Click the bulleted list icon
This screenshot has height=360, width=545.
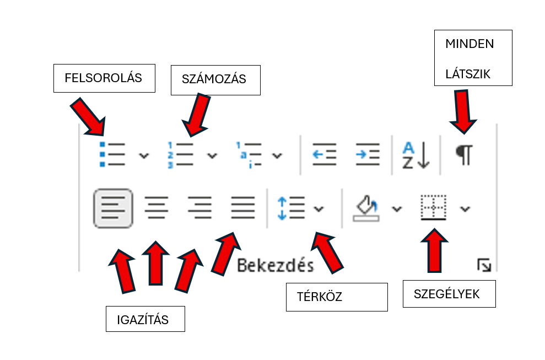[112, 154]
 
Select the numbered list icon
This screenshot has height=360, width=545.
[180, 154]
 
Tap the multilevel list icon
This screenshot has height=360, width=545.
[247, 154]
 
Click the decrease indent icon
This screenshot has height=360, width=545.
[324, 154]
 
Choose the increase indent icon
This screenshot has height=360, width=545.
[367, 154]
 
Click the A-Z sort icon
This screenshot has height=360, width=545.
[415, 155]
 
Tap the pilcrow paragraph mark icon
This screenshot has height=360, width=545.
[464, 154]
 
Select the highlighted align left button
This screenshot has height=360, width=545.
[113, 208]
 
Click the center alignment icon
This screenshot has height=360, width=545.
[157, 208]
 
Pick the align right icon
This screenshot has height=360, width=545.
[199, 208]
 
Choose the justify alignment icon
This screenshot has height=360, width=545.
[243, 208]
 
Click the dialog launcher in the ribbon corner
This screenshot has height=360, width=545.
[484, 266]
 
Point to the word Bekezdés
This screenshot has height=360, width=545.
[275, 265]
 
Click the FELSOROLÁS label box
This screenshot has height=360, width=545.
[104, 78]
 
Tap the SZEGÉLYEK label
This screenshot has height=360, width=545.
[447, 294]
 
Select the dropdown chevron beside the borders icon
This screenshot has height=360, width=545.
[465, 208]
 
